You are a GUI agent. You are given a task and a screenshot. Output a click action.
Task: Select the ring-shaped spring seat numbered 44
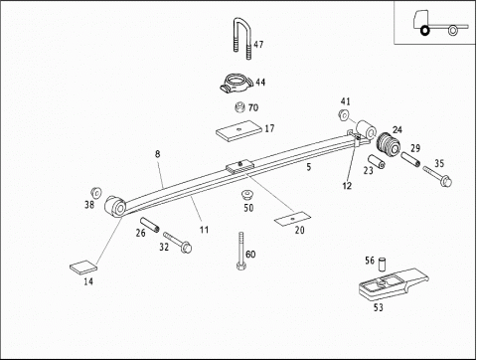pyautogui.click(x=236, y=85)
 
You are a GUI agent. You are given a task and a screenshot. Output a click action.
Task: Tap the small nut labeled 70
pyautogui.click(x=239, y=107)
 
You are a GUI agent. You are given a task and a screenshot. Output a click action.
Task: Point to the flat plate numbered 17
pyautogui.click(x=238, y=130)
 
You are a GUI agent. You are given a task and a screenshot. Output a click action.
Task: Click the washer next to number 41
pyautogui.click(x=344, y=115)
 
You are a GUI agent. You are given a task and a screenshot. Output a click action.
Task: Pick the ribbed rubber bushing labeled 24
pyautogui.click(x=389, y=145)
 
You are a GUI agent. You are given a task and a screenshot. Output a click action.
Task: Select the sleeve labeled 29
pyautogui.click(x=410, y=159)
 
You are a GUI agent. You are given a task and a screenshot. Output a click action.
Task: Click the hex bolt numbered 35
pyautogui.click(x=437, y=176)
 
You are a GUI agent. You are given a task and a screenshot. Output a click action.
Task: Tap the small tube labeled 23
pyautogui.click(x=376, y=161)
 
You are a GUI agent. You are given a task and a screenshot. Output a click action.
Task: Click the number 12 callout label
pyautogui.click(x=347, y=186)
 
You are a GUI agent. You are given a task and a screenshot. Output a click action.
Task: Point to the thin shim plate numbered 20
pyautogui.click(x=292, y=219)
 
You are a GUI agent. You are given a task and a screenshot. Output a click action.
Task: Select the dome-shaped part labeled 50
pyautogui.click(x=245, y=195)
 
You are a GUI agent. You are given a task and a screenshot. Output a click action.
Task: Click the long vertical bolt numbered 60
pyautogui.click(x=240, y=251)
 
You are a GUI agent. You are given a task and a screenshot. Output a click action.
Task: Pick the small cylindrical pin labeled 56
pyautogui.click(x=383, y=265)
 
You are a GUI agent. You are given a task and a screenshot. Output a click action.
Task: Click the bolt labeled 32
pyautogui.click(x=178, y=243)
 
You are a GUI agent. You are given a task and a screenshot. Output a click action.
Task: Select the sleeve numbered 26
pyautogui.click(x=150, y=225)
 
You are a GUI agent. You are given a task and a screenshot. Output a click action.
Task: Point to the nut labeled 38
pyautogui.click(x=96, y=192)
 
